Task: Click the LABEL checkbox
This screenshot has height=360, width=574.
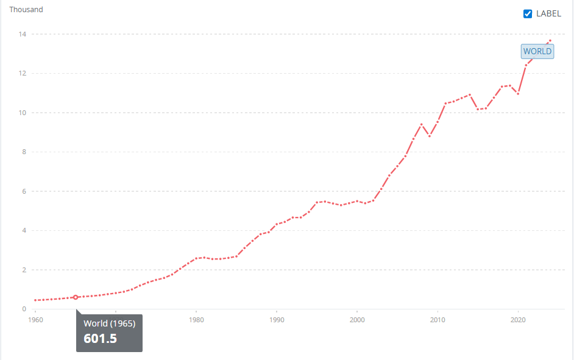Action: [x=528, y=14]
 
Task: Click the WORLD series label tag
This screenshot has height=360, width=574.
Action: [x=537, y=51]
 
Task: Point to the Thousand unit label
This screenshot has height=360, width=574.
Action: [x=26, y=10]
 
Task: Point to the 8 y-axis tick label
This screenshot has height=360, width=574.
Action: [x=24, y=152]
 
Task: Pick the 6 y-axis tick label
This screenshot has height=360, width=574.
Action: [x=24, y=191]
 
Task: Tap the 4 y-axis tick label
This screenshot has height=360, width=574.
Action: [x=24, y=231]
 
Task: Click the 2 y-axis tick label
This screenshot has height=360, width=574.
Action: [x=24, y=270]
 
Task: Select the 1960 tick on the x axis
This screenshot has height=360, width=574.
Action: [x=35, y=319]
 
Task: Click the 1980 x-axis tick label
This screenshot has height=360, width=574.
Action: [x=196, y=319]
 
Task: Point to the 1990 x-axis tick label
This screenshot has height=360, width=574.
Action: [x=277, y=319]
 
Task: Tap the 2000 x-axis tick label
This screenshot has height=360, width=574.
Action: [x=357, y=319]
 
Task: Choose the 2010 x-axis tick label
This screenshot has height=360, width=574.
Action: [x=438, y=319]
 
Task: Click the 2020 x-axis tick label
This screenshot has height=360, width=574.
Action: [x=518, y=319]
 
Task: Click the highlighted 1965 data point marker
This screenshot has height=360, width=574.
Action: [x=76, y=297]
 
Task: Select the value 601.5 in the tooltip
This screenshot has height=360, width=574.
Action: [x=100, y=338]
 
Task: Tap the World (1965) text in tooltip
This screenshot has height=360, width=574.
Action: [x=109, y=323]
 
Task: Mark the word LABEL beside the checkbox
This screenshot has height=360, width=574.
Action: [x=548, y=14]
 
